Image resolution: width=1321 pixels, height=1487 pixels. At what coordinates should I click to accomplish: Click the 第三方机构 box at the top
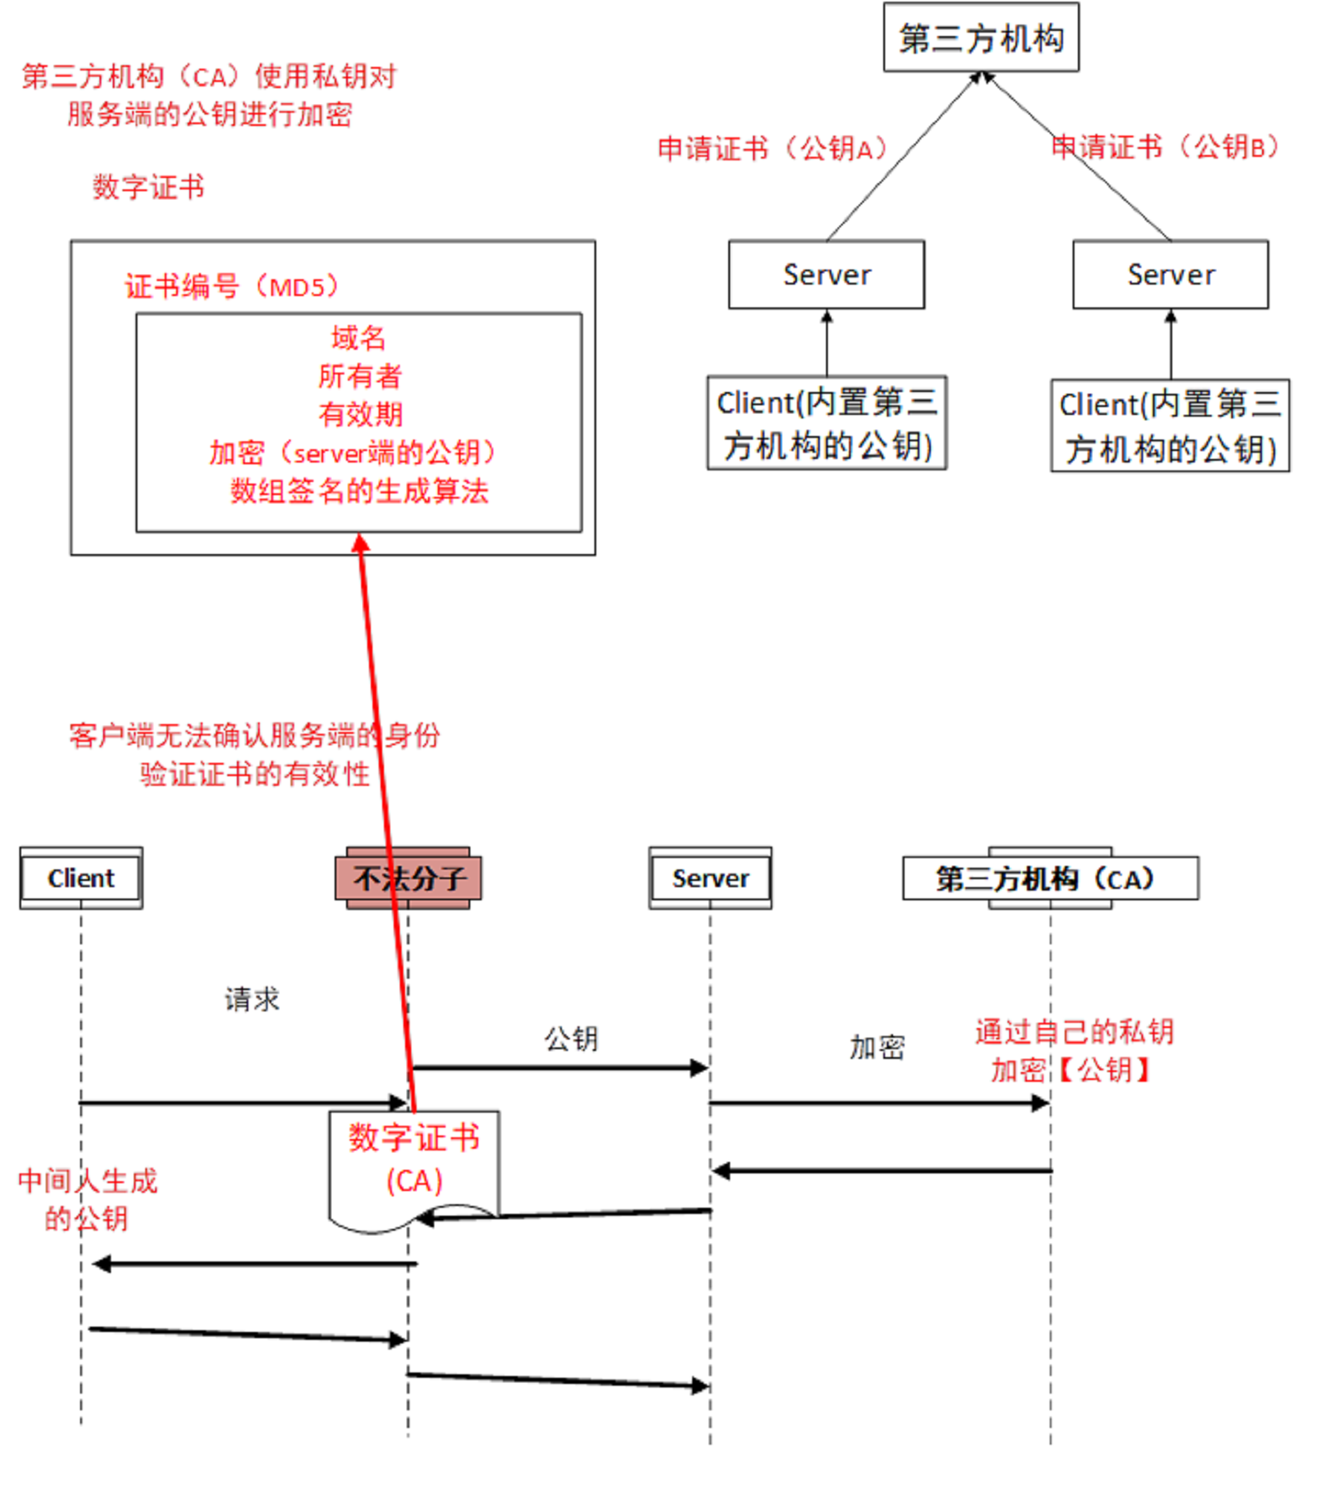pos(980,38)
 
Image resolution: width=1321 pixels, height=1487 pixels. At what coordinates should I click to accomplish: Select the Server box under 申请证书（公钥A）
pos(826,275)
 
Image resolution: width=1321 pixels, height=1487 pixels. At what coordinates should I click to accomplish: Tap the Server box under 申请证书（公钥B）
pos(1170,275)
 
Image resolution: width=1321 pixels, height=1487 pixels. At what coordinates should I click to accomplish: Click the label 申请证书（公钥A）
pos(772,148)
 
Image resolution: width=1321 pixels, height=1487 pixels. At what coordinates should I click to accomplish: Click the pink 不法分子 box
pos(408,877)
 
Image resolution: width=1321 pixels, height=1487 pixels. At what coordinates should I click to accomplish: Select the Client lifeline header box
pos(81,877)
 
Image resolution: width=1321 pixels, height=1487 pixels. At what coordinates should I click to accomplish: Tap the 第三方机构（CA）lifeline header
pos(1050,877)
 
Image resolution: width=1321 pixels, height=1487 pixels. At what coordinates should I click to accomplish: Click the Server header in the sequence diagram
pos(710,877)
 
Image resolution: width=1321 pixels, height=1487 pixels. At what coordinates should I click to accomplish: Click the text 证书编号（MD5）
pos(232,286)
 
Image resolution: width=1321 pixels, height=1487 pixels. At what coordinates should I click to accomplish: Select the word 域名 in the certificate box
pos(358,337)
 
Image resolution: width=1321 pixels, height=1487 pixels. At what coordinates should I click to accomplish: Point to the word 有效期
pos(360,413)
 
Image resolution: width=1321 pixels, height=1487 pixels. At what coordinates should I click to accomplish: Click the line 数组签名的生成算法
pos(359,491)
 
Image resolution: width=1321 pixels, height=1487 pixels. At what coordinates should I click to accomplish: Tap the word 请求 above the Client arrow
pos(252,999)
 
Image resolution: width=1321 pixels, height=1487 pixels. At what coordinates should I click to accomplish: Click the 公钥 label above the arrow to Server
pos(571,1038)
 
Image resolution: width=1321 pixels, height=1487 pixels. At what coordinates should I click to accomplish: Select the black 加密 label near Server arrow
pos(876,1047)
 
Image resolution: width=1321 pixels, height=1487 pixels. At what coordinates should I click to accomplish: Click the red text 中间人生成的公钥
pos(87,1199)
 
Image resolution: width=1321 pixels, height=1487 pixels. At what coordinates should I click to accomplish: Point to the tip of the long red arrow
pos(360,538)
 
